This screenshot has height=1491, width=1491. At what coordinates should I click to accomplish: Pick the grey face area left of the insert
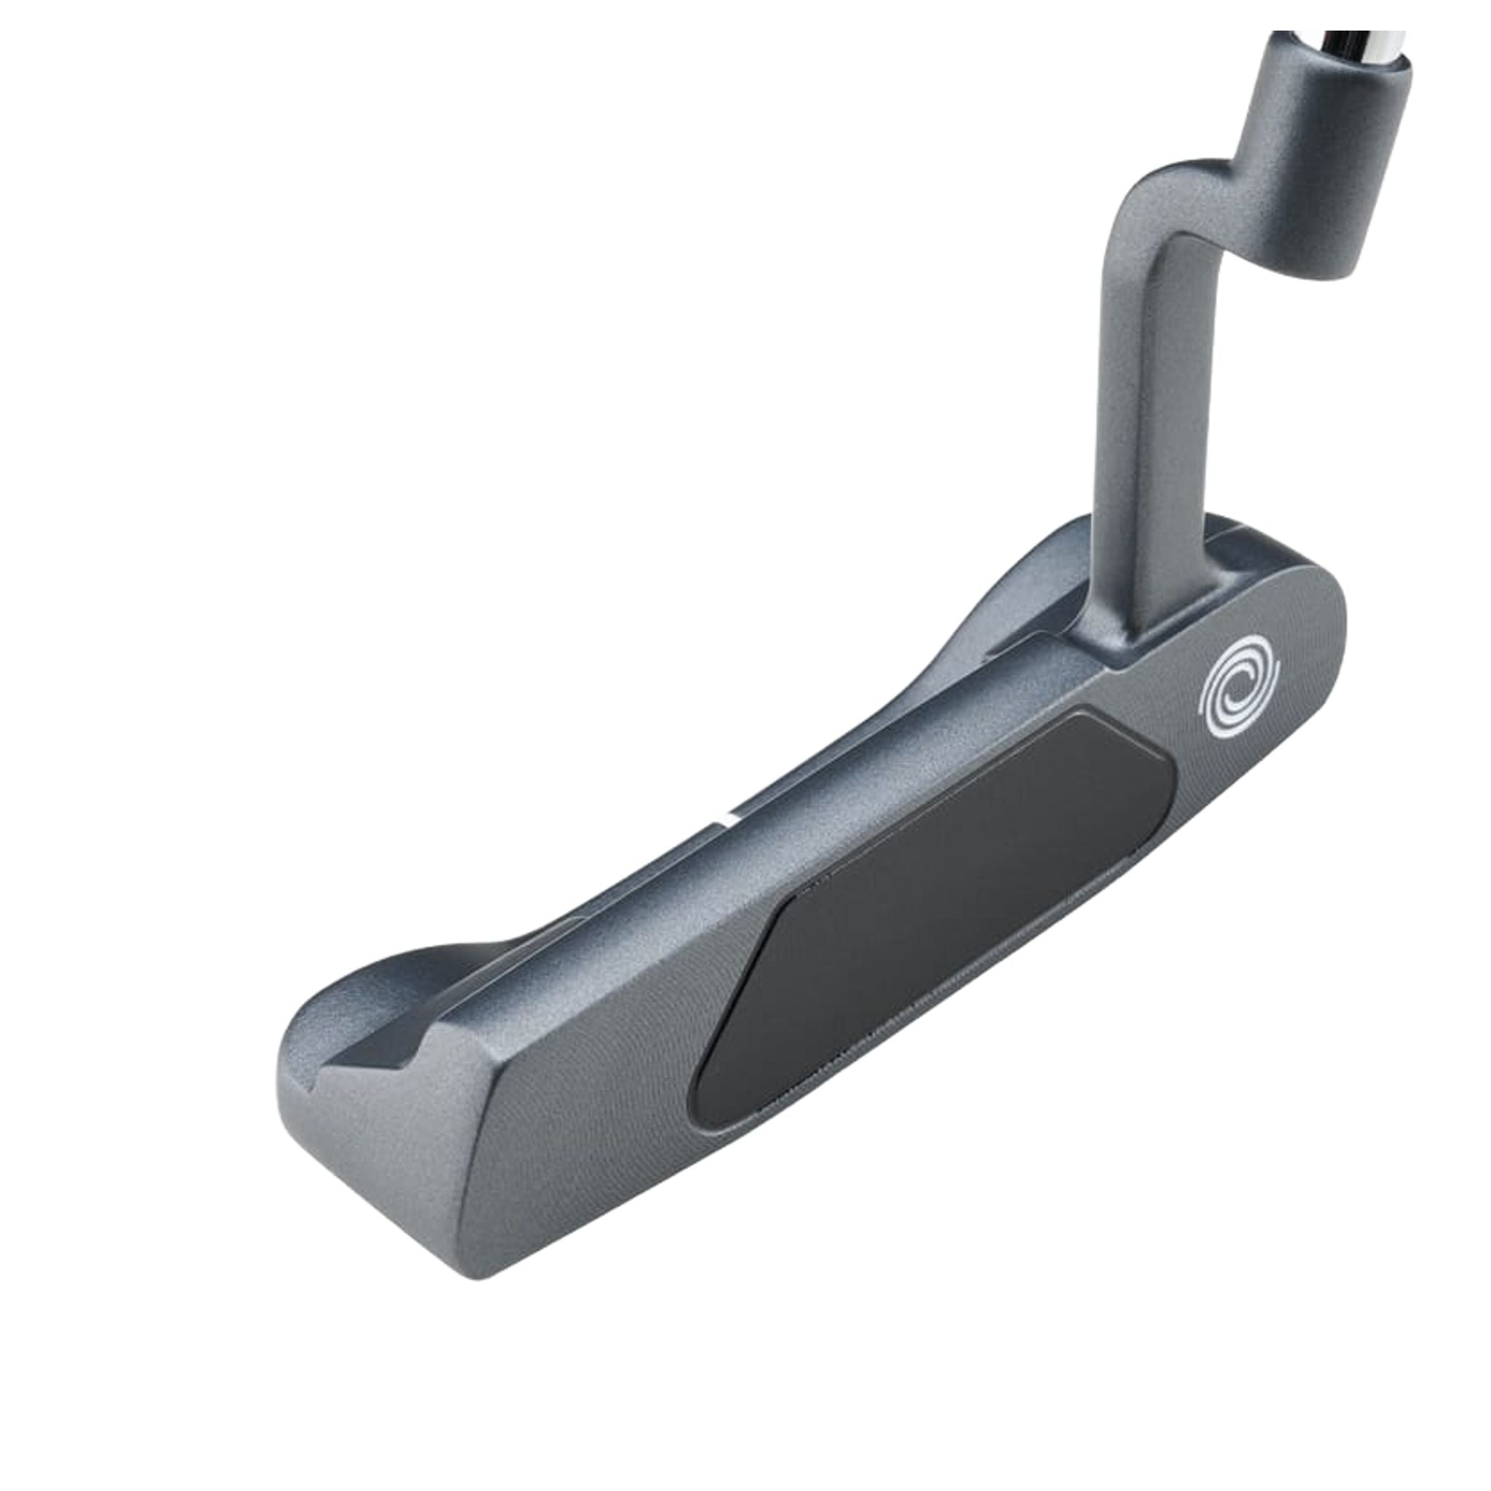click(587, 1096)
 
